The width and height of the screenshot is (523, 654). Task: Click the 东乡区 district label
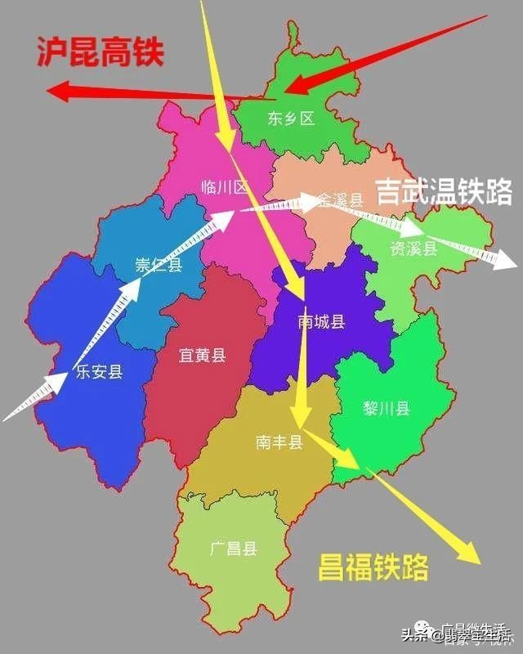(x=290, y=119)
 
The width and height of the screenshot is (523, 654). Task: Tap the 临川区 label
(x=224, y=187)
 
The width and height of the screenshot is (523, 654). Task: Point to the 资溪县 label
(x=415, y=249)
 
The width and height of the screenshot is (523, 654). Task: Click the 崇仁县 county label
(x=159, y=265)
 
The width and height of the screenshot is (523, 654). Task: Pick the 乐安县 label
(x=99, y=373)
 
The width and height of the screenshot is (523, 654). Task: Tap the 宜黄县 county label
(x=202, y=355)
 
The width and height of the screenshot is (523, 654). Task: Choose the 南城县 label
(x=321, y=322)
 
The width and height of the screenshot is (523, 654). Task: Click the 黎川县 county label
(x=387, y=409)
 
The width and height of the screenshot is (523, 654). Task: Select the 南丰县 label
(x=279, y=442)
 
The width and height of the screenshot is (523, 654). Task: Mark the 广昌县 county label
(x=233, y=549)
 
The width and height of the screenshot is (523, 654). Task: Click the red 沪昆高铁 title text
(x=101, y=53)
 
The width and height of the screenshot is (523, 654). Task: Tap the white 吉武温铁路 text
(x=444, y=192)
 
